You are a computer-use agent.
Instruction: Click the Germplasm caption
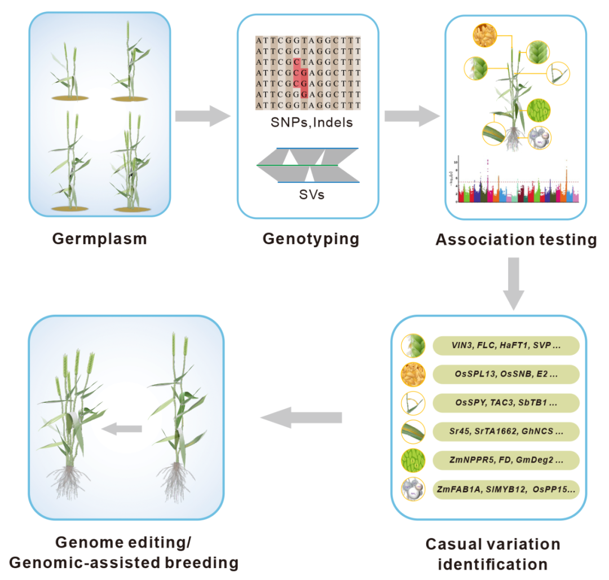click(x=99, y=238)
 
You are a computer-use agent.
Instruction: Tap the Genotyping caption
click(x=311, y=239)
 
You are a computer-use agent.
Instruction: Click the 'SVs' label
click(x=309, y=195)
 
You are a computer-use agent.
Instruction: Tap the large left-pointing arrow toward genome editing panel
click(x=301, y=418)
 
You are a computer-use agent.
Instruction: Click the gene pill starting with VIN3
click(x=506, y=346)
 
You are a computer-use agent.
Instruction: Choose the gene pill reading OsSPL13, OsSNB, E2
click(x=506, y=374)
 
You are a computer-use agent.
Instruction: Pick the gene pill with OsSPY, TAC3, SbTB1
click(x=506, y=403)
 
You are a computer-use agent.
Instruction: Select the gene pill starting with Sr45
click(x=506, y=432)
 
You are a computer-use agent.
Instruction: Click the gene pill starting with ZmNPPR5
click(x=506, y=460)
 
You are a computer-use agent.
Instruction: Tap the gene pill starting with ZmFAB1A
click(x=506, y=489)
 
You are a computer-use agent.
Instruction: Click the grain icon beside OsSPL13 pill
click(x=413, y=374)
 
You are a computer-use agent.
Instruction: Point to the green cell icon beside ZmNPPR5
click(x=413, y=460)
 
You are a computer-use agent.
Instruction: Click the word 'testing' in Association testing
click(x=564, y=240)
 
